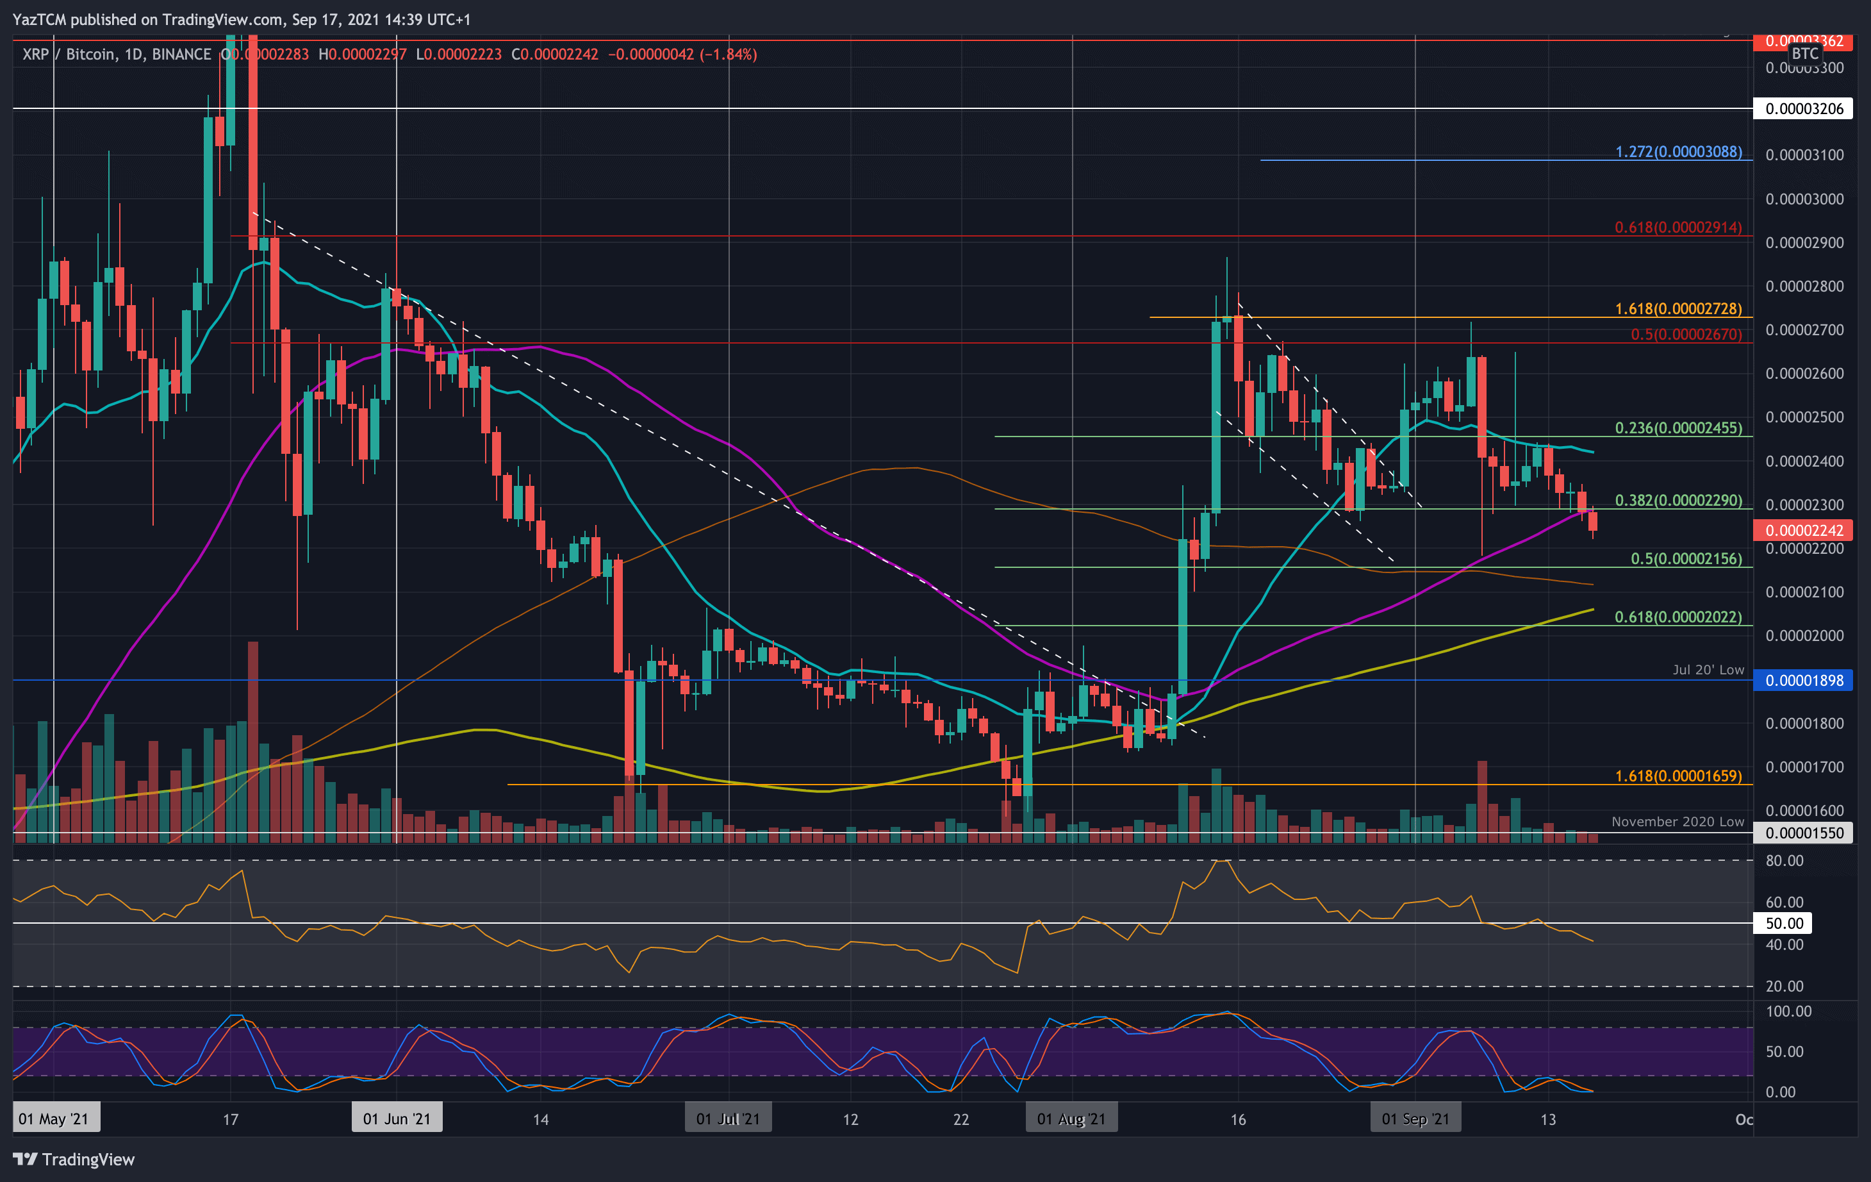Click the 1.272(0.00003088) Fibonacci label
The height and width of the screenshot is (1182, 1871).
pyautogui.click(x=1678, y=151)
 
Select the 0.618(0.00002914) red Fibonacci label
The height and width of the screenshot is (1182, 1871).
pyautogui.click(x=1678, y=227)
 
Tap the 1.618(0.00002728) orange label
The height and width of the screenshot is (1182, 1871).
pyautogui.click(x=1678, y=308)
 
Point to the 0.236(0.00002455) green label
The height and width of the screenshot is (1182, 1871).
pyautogui.click(x=1678, y=428)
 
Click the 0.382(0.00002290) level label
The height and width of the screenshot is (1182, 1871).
pyautogui.click(x=1678, y=500)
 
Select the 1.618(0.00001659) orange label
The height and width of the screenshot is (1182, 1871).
pyautogui.click(x=1678, y=775)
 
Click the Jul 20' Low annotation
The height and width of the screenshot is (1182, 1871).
pyautogui.click(x=1708, y=669)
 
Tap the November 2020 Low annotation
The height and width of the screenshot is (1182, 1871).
pyautogui.click(x=1677, y=820)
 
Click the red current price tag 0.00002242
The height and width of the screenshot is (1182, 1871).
pyautogui.click(x=1804, y=530)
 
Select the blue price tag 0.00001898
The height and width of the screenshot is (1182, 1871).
pyautogui.click(x=1804, y=680)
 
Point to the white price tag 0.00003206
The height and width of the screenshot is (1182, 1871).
pyautogui.click(x=1804, y=108)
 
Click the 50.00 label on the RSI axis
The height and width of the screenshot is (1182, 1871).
pyautogui.click(x=1784, y=922)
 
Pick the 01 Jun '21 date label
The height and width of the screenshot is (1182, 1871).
pyautogui.click(x=396, y=1119)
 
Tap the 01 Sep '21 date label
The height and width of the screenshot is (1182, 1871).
pyautogui.click(x=1415, y=1119)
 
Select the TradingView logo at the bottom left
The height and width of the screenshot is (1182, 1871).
pyautogui.click(x=74, y=1159)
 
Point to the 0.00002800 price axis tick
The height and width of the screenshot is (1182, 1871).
pyautogui.click(x=1804, y=286)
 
